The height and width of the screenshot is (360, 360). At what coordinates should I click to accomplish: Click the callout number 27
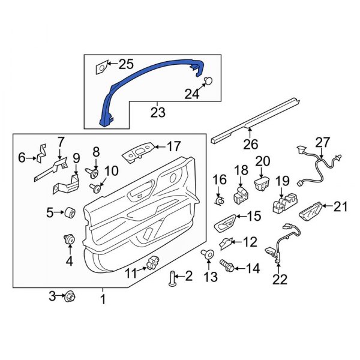322,142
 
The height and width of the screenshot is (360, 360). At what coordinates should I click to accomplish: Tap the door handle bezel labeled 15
223,224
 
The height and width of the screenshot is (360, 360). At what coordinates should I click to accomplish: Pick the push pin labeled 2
173,278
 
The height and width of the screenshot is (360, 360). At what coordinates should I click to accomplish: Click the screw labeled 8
94,173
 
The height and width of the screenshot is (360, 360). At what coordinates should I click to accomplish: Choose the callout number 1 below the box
102,298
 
